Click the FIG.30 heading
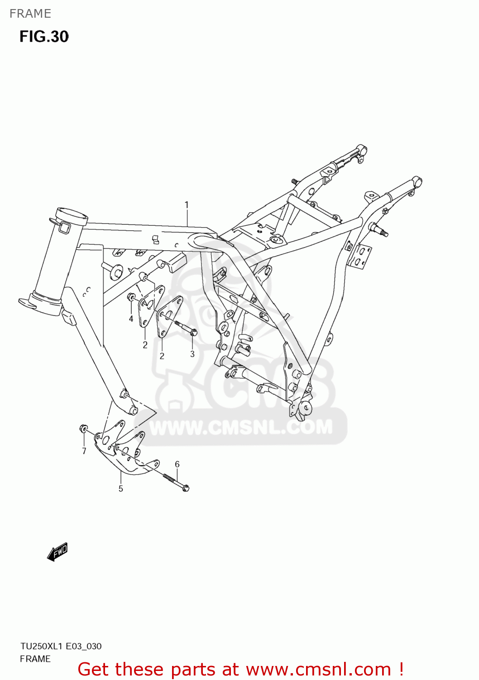point(44,37)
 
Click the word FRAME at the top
point(30,14)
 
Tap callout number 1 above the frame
point(187,205)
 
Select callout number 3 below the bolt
point(192,354)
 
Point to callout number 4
point(131,319)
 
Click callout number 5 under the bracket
point(121,488)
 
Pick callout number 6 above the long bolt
point(177,464)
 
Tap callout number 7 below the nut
point(84,451)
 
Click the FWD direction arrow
point(57,552)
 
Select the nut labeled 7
point(84,429)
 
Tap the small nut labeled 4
point(131,297)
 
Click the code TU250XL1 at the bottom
point(41,646)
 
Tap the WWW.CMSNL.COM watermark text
point(241,427)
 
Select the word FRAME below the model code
point(35,659)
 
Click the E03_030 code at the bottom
point(84,646)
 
